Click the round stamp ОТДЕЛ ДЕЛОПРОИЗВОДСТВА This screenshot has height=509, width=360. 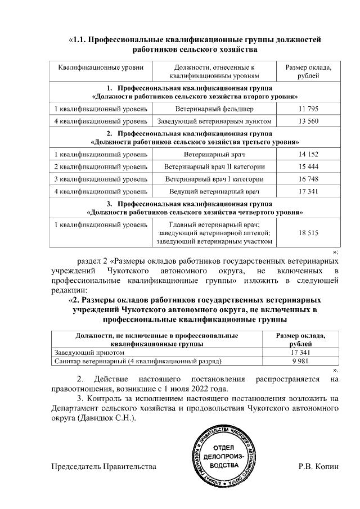[224, 456]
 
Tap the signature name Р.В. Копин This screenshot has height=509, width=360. [318, 467]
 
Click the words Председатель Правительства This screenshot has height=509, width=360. [103, 467]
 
